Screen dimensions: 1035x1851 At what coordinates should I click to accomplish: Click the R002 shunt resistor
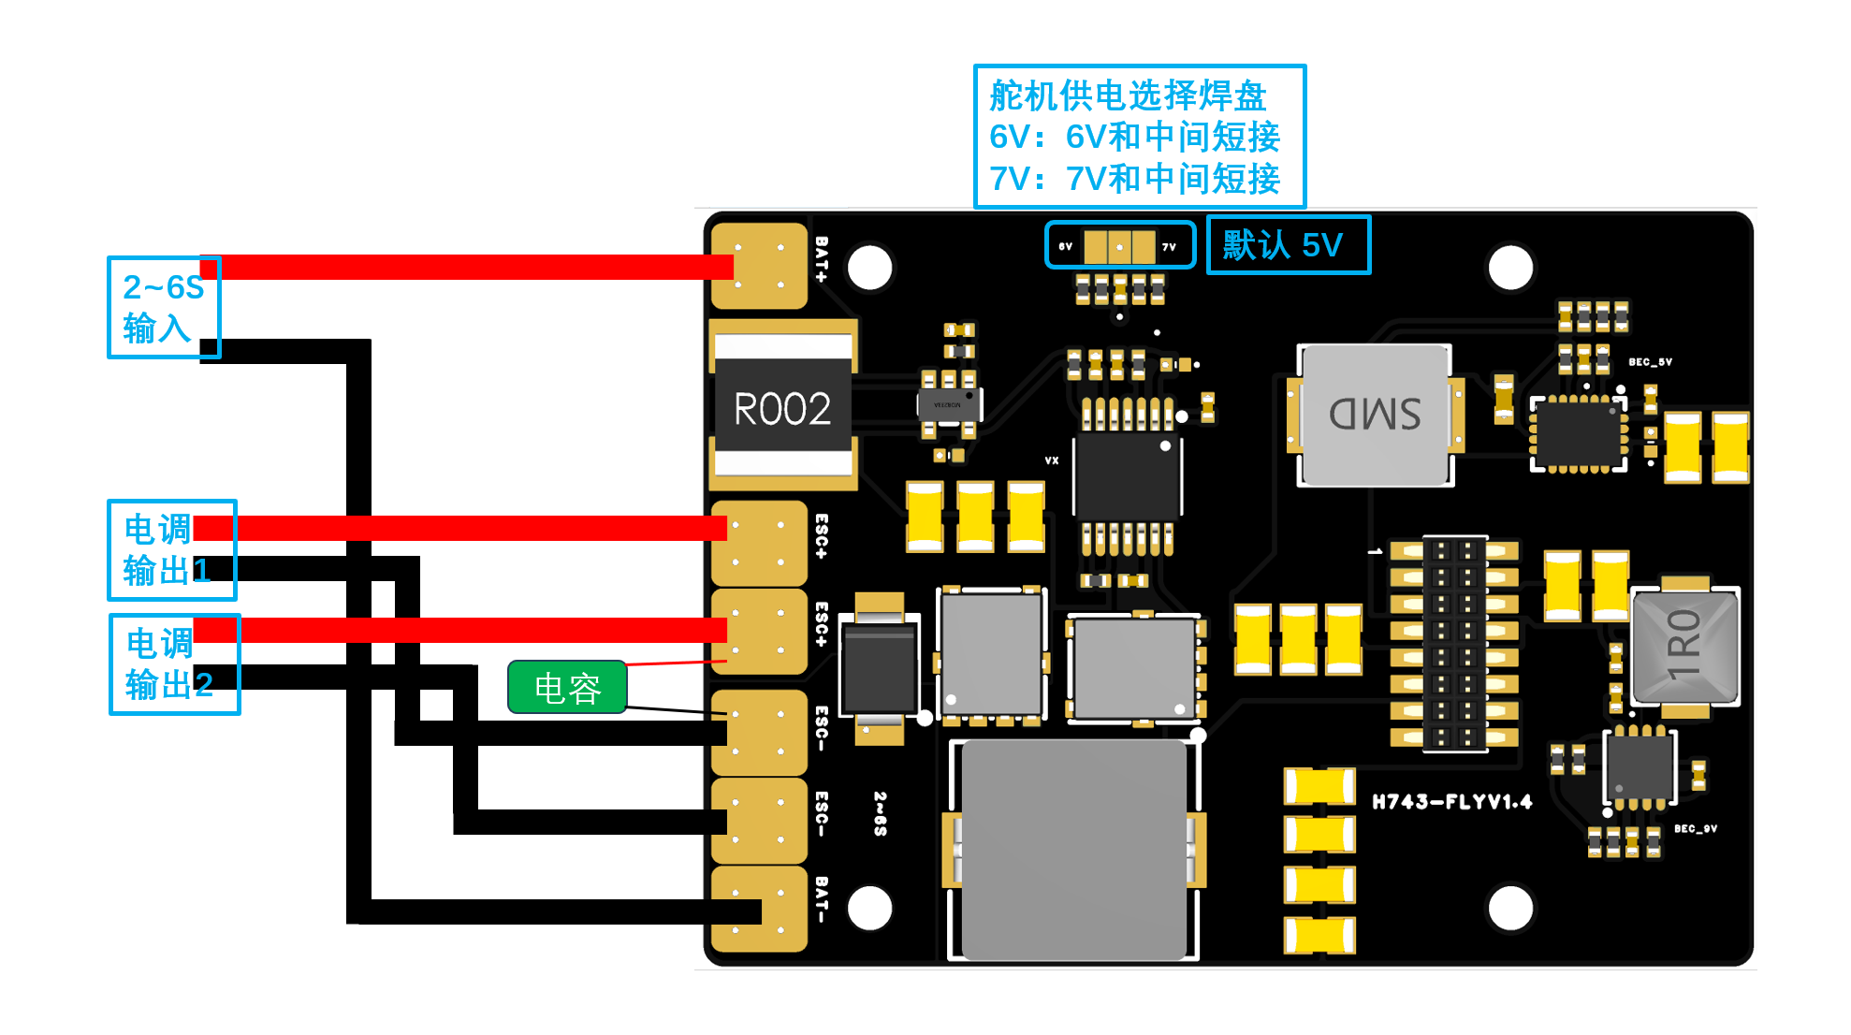[782, 408]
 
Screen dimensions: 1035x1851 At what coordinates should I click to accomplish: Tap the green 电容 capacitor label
[567, 688]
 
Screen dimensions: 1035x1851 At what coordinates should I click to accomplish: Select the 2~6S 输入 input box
[164, 307]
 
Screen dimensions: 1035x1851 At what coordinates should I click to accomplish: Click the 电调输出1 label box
[171, 550]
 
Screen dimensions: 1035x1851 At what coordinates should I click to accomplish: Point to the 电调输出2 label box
[174, 664]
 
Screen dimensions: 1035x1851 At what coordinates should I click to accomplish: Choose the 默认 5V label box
[1288, 245]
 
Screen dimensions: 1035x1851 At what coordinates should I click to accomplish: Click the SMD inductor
[1374, 415]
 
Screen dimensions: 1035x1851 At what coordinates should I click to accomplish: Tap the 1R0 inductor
[1684, 645]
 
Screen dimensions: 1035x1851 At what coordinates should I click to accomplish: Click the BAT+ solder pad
[759, 266]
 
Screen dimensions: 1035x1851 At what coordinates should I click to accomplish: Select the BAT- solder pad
[759, 909]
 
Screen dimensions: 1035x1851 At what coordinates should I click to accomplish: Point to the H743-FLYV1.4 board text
[1451, 802]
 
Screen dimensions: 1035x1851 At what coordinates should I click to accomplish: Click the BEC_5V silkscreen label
[1650, 362]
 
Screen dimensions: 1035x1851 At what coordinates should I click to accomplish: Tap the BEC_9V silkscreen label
[1695, 829]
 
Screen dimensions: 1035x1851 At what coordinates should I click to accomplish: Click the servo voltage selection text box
[1139, 137]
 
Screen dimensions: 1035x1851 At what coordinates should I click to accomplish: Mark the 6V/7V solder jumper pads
[1119, 247]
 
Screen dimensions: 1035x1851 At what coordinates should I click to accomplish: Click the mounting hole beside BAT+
[869, 268]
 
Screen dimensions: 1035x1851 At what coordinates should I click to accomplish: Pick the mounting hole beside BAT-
[869, 908]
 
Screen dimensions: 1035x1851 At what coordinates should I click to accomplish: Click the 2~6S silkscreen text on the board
[881, 813]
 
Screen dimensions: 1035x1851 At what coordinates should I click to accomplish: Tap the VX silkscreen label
[1052, 460]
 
